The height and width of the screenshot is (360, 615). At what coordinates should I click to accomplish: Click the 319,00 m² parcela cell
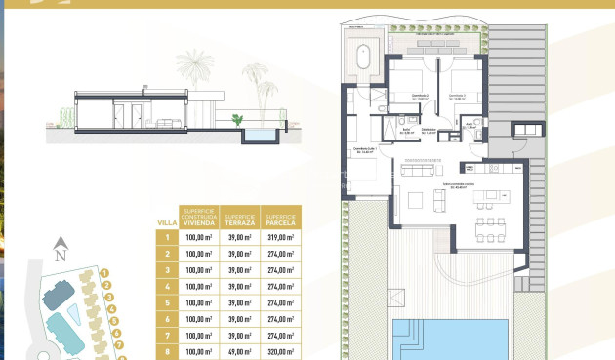pyautogui.click(x=281, y=237)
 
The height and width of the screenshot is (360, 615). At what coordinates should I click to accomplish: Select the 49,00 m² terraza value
pyautogui.click(x=238, y=352)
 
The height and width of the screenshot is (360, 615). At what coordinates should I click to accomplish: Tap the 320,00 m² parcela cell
pyautogui.click(x=281, y=352)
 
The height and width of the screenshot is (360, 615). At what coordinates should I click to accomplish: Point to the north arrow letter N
pyautogui.click(x=60, y=256)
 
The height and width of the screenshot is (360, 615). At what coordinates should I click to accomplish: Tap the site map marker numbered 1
pyautogui.click(x=104, y=275)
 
